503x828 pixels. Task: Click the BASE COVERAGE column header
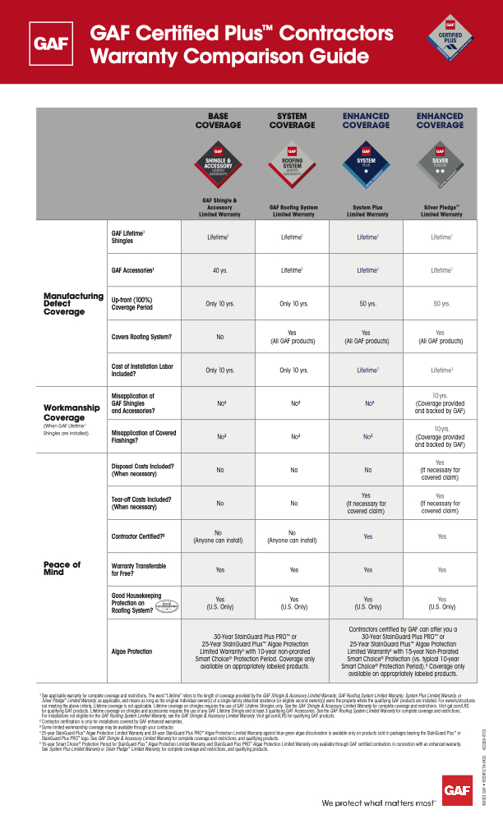pos(218,121)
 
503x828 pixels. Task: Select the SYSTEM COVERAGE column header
pos(292,121)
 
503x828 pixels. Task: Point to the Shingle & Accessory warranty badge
pos(218,160)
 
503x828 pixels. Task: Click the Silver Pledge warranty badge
pos(440,160)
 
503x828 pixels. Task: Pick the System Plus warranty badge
pos(366,160)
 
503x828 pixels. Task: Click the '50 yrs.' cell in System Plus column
pos(367,304)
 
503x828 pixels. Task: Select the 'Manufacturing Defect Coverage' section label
pos(73,303)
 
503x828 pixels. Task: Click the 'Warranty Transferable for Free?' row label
pos(136,568)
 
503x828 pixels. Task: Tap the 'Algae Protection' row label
pos(132,651)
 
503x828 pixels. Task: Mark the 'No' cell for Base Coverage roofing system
pos(219,337)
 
